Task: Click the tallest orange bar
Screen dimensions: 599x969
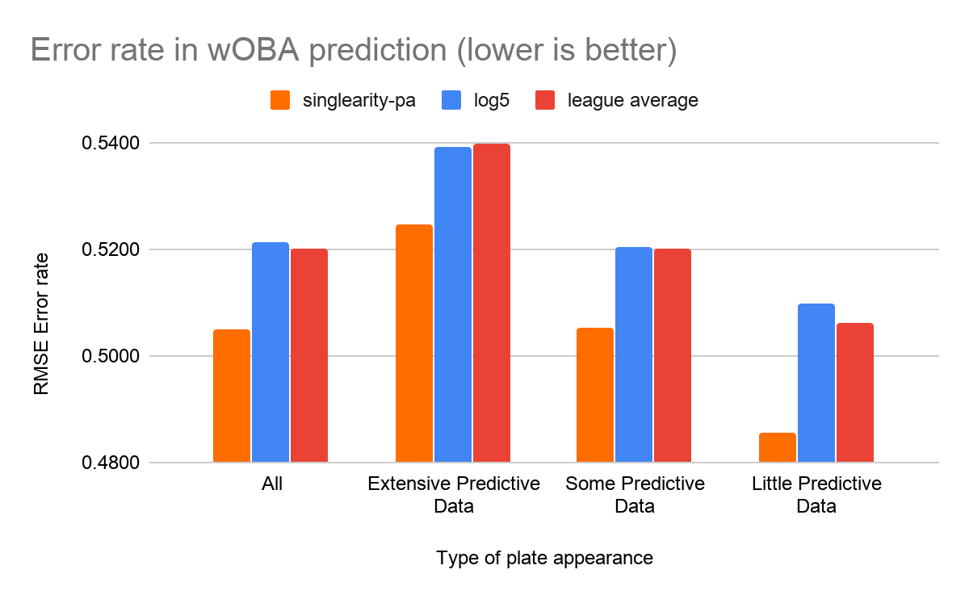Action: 414,343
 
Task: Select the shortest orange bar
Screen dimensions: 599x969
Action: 778,447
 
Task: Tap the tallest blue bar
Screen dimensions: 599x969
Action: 453,304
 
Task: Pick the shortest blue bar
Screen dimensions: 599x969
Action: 816,383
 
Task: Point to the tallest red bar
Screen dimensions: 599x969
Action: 492,303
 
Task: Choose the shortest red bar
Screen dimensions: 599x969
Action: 855,392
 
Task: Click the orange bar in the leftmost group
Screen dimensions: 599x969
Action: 232,396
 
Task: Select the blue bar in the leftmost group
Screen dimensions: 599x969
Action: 271,352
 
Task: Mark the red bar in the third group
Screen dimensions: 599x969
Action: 673,355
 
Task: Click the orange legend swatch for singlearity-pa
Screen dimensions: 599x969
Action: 280,100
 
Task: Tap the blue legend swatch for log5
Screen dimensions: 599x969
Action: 451,100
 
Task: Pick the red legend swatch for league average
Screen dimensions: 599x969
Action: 545,100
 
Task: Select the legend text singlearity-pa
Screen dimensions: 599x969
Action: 359,101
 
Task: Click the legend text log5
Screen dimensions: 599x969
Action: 493,101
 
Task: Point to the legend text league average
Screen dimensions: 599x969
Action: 632,101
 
